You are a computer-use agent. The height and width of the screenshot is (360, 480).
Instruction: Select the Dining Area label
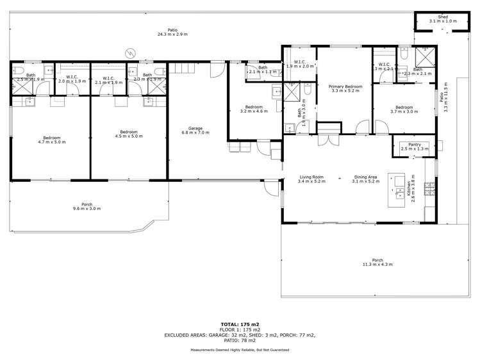click(366, 179)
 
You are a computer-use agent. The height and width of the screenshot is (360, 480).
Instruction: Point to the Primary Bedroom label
click(345, 88)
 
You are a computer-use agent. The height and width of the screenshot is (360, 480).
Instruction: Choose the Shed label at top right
click(443, 19)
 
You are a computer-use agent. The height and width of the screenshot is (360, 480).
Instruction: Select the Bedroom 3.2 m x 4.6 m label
click(253, 109)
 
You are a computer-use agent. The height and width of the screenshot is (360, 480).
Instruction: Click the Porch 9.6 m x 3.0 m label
click(87, 206)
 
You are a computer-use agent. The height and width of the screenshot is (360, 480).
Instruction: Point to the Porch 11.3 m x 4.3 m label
click(377, 261)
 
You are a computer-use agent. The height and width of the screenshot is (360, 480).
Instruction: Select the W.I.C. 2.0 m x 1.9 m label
click(72, 80)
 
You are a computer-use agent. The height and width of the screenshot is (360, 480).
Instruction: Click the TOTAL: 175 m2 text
click(240, 324)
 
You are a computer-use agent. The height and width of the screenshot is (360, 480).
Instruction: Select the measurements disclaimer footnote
click(240, 350)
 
